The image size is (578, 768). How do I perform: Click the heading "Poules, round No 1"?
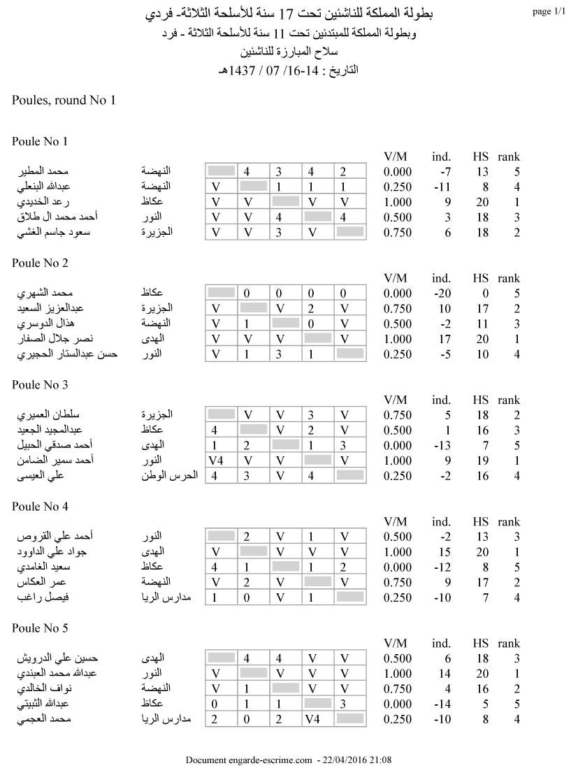[63, 100]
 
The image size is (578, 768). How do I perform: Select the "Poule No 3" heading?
[40, 385]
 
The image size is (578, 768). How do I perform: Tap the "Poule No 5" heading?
[40, 628]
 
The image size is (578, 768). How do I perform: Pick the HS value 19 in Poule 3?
[480, 461]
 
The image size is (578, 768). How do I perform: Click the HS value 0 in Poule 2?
[484, 294]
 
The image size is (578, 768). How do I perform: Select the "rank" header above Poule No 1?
[509, 157]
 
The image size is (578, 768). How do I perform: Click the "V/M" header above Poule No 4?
[396, 522]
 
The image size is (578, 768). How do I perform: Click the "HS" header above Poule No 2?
[480, 279]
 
